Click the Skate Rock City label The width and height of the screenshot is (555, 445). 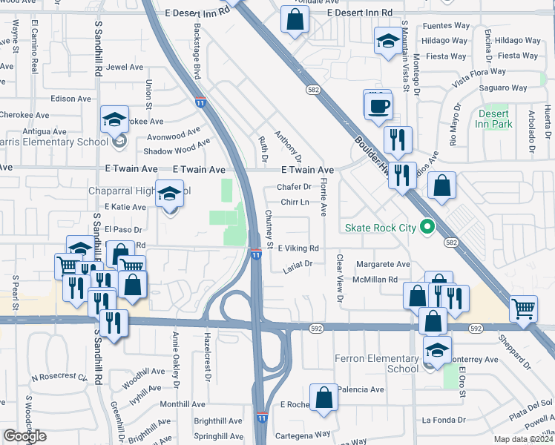(x=378, y=227)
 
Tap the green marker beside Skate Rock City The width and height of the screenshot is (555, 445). (x=427, y=227)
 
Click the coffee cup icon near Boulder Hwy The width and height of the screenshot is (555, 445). (x=378, y=105)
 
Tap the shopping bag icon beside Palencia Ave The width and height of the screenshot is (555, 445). (x=324, y=398)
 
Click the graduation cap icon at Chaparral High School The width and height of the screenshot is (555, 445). (x=169, y=194)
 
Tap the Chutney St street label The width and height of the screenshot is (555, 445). (x=269, y=230)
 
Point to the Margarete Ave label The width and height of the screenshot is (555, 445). (x=383, y=264)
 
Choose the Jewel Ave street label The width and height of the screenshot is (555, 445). (x=125, y=67)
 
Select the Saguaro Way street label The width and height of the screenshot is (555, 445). (x=503, y=88)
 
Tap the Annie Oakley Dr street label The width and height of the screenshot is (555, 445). (x=176, y=360)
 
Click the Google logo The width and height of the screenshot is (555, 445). (x=25, y=436)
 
